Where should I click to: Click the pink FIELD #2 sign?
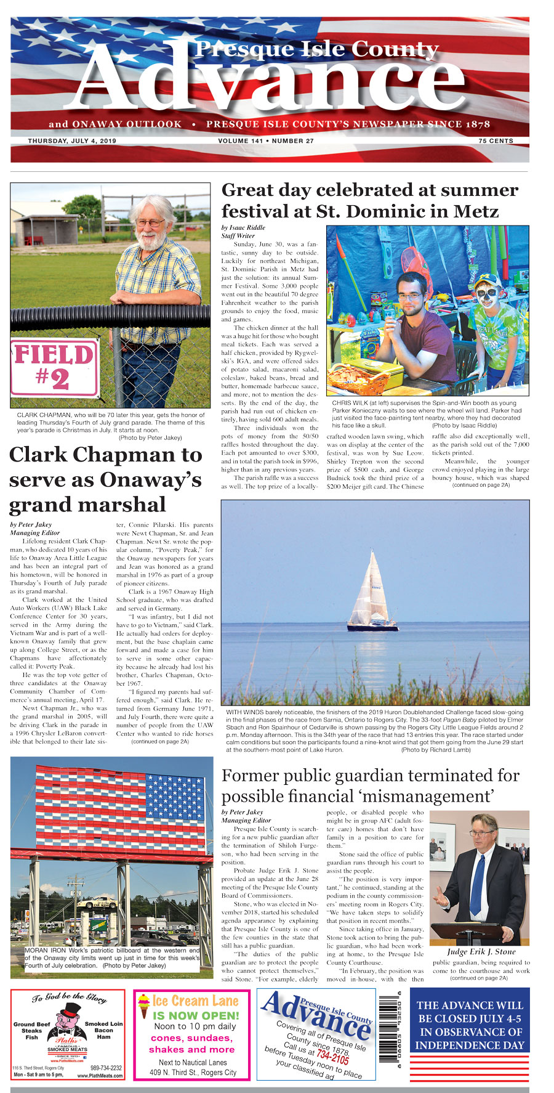click(x=55, y=368)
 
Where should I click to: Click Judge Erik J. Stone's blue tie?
click(x=476, y=882)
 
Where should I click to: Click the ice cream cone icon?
click(x=143, y=1006)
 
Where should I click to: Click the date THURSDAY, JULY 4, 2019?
click(x=72, y=141)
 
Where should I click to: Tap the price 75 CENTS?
click(x=496, y=141)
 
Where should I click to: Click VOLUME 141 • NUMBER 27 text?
click(x=266, y=141)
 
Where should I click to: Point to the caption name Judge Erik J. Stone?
click(x=481, y=952)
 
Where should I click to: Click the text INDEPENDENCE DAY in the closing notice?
click(x=469, y=1045)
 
